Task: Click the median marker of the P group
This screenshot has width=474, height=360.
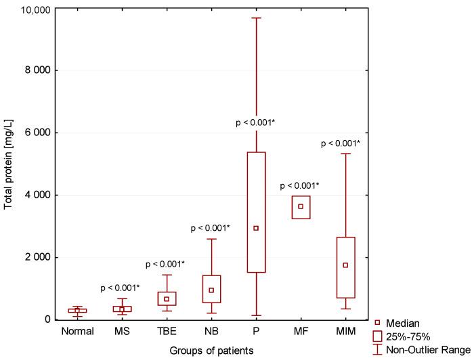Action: (x=256, y=228)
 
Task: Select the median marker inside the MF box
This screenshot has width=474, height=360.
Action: (x=301, y=206)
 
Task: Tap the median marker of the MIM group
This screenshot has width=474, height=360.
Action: (x=345, y=265)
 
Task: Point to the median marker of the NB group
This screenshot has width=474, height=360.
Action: (x=211, y=290)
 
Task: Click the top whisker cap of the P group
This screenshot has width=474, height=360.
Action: (x=256, y=18)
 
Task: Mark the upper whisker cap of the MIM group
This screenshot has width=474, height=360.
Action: (x=345, y=154)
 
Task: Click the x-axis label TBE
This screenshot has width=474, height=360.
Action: (x=167, y=332)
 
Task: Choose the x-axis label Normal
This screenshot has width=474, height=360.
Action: (x=77, y=332)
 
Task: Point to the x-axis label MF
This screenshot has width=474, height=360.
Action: (x=301, y=332)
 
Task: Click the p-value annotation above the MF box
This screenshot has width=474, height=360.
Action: (x=300, y=185)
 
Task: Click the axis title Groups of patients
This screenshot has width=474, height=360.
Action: (x=211, y=351)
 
